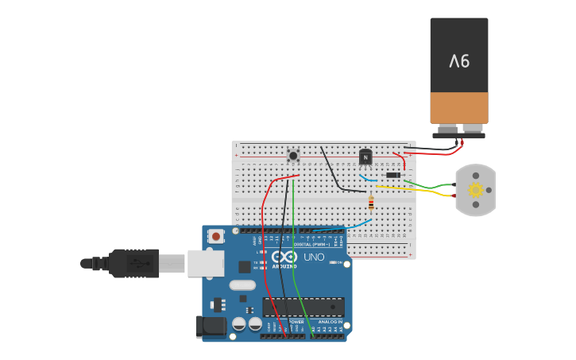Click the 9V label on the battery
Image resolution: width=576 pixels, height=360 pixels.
459,61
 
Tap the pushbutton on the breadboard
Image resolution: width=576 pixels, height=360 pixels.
293,156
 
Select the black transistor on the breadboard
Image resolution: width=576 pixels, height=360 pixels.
365,157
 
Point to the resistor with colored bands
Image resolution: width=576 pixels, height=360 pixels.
371,203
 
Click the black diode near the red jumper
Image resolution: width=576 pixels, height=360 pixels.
392,175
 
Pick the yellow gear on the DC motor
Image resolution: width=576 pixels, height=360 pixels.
475,190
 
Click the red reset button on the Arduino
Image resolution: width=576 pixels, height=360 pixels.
216,236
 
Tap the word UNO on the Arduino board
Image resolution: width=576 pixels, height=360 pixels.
314,257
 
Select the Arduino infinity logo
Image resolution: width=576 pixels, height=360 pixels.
284,257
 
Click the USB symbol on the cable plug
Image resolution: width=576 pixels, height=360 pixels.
141,263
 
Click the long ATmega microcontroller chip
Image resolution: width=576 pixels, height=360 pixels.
303,307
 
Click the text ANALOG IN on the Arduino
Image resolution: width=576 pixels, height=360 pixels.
331,322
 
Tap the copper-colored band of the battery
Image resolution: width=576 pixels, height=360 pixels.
459,107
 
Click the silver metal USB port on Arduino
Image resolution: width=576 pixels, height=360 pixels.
206,263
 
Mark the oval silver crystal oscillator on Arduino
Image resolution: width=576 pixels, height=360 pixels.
242,285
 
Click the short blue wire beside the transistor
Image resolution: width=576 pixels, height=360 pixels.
366,178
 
